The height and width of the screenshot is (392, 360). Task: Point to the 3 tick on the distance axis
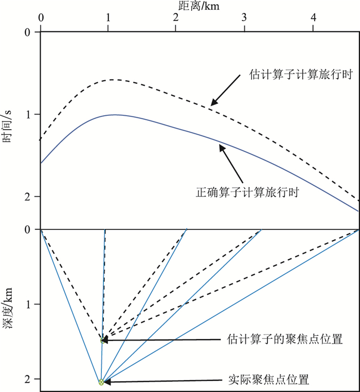coord(244,17)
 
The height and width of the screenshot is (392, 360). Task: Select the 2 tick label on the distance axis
coord(176,17)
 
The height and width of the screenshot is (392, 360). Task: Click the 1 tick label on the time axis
coord(29,114)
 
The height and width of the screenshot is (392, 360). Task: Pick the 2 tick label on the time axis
coord(29,197)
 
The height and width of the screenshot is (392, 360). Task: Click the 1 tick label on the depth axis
coord(29,305)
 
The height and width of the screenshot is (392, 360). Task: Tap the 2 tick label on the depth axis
coord(29,379)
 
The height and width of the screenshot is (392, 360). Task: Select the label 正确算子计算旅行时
coord(248,193)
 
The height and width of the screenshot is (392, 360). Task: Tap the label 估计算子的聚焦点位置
coord(284,340)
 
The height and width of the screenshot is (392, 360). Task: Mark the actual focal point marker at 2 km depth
coord(101,382)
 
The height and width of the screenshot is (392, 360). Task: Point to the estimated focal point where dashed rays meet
coord(102,340)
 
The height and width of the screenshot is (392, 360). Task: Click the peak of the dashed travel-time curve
coord(112,80)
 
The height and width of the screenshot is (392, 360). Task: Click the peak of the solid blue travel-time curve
coord(114,115)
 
